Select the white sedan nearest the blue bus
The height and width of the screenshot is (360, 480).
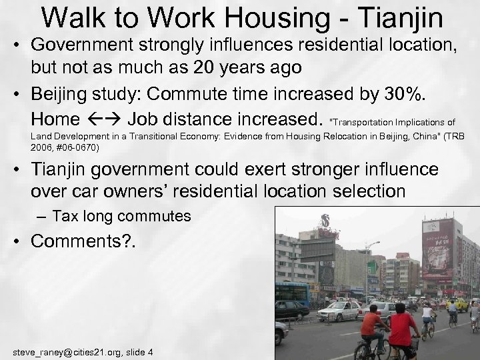point(339,312)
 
